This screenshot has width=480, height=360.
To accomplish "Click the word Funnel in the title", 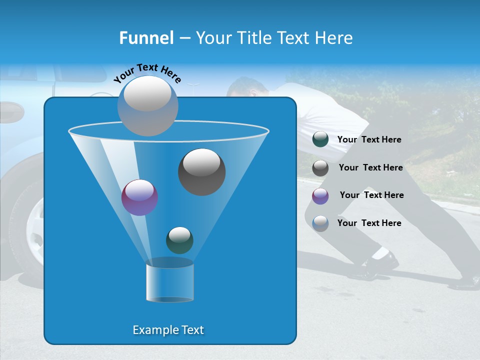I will click(146, 38).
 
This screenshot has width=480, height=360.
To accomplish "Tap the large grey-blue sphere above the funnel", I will click(147, 105).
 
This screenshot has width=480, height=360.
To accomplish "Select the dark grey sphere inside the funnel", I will click(201, 171).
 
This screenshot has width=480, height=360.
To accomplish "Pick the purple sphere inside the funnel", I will click(139, 197).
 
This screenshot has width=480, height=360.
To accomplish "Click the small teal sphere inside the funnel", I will click(179, 240).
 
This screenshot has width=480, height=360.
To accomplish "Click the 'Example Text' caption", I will click(168, 330).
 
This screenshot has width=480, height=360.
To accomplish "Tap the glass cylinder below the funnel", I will click(169, 282).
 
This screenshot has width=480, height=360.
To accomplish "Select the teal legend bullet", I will click(320, 139).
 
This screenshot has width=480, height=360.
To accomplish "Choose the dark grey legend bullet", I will click(320, 167).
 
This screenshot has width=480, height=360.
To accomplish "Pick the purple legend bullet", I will click(320, 195).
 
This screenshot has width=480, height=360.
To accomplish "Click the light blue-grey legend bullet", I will click(320, 223).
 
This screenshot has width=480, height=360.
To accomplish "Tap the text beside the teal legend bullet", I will click(369, 139).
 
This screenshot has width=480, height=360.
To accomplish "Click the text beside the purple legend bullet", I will click(371, 195).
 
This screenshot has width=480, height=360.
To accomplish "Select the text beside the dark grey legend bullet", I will click(370, 167).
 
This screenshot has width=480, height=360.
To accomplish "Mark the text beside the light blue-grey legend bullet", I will click(369, 223).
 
